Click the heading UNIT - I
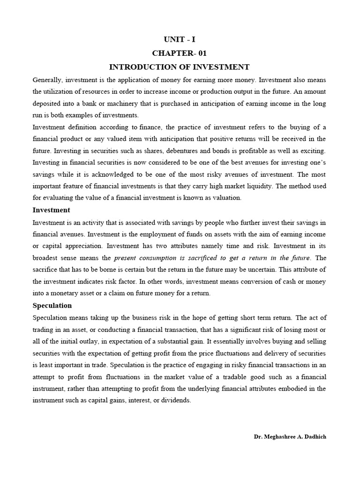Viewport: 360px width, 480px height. (x=180, y=40)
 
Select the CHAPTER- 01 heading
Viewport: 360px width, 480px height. (x=180, y=53)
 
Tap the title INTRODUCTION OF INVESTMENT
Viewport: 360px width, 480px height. (x=180, y=67)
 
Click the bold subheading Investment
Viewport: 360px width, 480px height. (x=51, y=210)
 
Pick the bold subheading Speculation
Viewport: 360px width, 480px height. (x=52, y=306)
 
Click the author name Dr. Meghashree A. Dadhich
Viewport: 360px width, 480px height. (x=290, y=436)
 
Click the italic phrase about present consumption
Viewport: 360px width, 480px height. (x=212, y=258)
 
